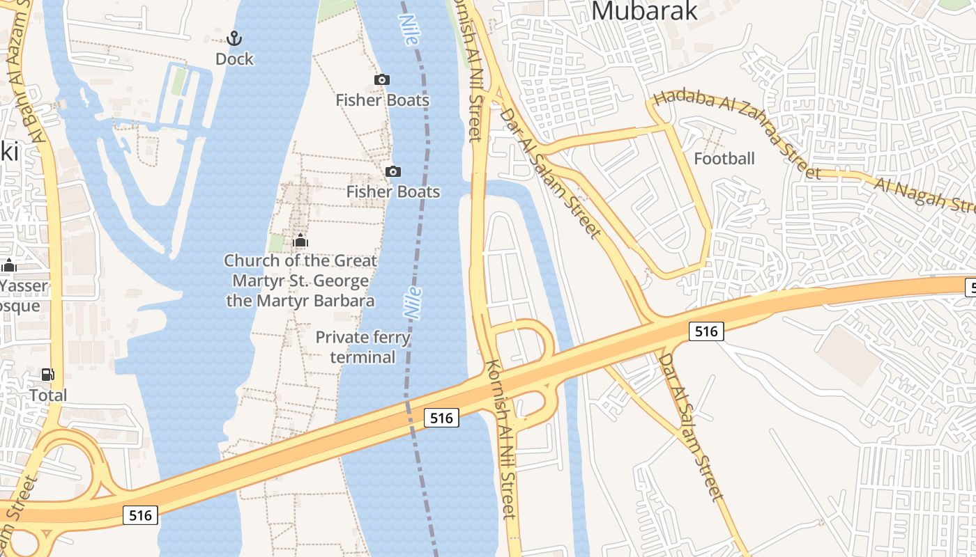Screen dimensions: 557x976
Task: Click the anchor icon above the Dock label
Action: coord(234,38)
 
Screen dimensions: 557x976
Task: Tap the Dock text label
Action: coord(234,59)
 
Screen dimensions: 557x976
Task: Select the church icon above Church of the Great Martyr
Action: coord(300,241)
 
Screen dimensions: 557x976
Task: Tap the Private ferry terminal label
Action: coord(363,347)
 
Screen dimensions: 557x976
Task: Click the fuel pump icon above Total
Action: coord(48,375)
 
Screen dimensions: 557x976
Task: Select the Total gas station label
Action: coord(48,395)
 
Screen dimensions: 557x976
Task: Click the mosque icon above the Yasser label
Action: coord(9,265)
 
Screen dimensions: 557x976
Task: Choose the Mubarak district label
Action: coord(644,10)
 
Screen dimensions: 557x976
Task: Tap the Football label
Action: coord(724,159)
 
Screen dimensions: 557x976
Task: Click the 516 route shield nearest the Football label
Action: coord(706,331)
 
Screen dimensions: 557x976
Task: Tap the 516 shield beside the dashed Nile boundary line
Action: coord(441,418)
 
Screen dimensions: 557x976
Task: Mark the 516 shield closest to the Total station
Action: coord(140,515)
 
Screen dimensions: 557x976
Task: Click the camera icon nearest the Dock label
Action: coord(382,79)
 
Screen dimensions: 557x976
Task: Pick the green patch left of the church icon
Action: coord(276,243)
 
